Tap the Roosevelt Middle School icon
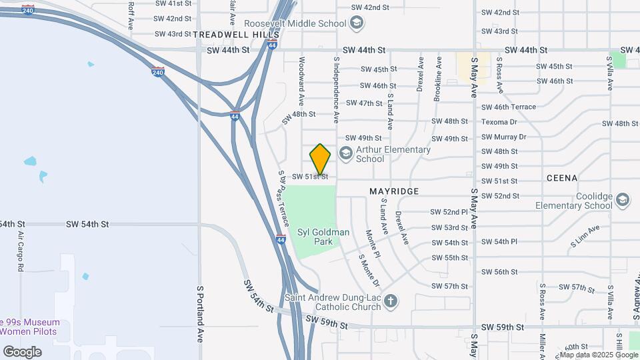point(357,23)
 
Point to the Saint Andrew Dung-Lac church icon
point(390,302)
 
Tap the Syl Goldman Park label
point(323,237)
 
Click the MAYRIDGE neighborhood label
point(394,191)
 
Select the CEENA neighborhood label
point(561,178)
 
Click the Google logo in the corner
point(22,351)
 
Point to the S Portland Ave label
point(199,314)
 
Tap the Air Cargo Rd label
point(21,253)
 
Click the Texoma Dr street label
point(499,122)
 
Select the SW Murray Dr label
point(503,137)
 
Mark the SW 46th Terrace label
point(508,107)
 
